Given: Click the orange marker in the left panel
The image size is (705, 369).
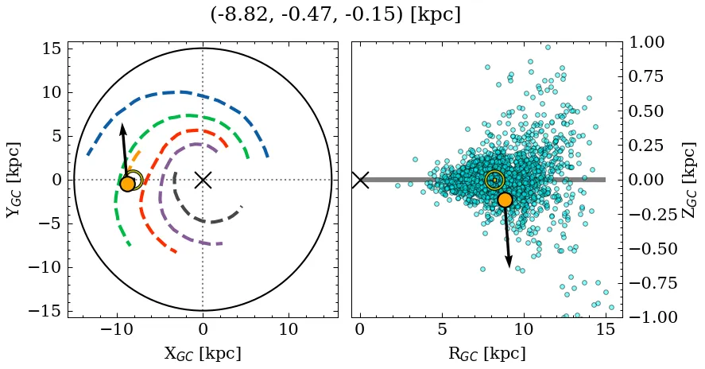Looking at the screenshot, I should tap(127, 184).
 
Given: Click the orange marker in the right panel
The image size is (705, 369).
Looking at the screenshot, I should tap(504, 200).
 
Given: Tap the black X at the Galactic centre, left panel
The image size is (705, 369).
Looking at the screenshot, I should tap(203, 180).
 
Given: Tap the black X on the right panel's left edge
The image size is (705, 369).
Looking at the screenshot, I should tap(360, 180).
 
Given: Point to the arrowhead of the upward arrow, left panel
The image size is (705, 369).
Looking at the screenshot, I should tap(122, 126).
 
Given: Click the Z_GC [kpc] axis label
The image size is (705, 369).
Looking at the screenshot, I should tap(689, 180).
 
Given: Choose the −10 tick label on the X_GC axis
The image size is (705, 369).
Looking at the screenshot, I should tap(118, 329).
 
